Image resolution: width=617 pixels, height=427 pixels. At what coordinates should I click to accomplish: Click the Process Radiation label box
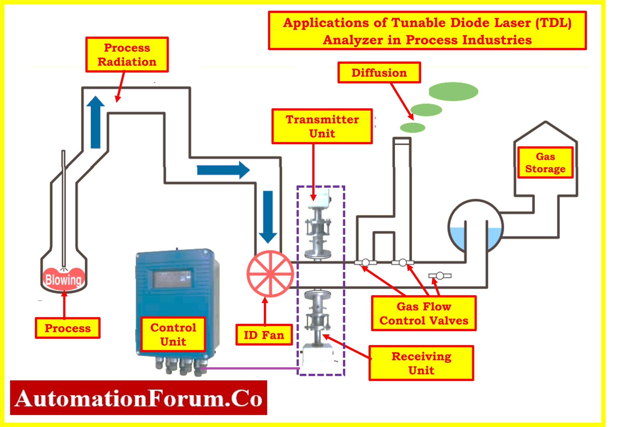point(127,54)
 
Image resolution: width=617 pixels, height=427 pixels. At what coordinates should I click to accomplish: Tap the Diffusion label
point(379,73)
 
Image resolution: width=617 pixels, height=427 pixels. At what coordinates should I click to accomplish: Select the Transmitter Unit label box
point(322,126)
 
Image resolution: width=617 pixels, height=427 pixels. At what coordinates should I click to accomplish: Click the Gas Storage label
point(545,162)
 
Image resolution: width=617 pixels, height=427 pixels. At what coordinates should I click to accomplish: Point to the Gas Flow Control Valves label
point(424,313)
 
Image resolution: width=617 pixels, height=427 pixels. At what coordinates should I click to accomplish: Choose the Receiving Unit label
point(421,363)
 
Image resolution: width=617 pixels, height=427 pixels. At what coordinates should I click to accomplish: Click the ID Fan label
point(264,335)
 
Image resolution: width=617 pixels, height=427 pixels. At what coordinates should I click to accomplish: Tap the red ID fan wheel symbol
point(270,274)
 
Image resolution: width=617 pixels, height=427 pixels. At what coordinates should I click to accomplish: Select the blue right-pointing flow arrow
point(223,170)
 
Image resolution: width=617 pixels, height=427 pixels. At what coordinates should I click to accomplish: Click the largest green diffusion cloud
point(453,91)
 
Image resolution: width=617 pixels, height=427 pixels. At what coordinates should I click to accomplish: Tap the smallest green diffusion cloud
point(412,128)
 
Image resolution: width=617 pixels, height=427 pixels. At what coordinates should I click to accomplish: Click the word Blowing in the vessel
point(63,280)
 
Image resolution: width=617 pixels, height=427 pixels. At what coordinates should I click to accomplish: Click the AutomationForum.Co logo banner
point(139,398)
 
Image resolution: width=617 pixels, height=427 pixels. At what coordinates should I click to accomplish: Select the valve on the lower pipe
point(440,275)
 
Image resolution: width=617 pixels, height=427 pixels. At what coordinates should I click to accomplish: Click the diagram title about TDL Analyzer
point(427,31)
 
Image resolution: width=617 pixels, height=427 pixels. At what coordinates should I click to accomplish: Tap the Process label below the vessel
point(67,328)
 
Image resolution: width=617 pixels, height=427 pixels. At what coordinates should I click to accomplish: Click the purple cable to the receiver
point(250,368)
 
